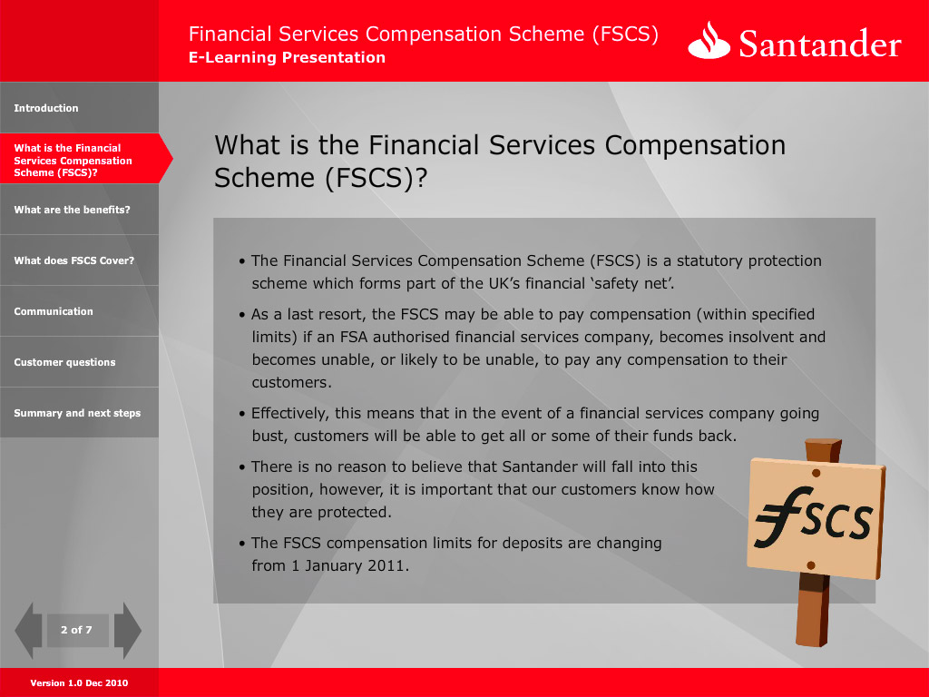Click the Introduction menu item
pyautogui.click(x=46, y=108)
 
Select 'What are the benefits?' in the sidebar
pyautogui.click(x=72, y=210)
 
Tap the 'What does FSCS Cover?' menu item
pyautogui.click(x=74, y=260)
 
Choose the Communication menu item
pyautogui.click(x=54, y=311)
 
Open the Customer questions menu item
pyautogui.click(x=64, y=362)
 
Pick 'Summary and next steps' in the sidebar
pyautogui.click(x=77, y=413)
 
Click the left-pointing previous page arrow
pyautogui.click(x=28, y=631)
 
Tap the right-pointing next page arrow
pyautogui.click(x=127, y=631)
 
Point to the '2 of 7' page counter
pyautogui.click(x=76, y=630)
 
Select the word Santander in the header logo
pyautogui.click(x=820, y=44)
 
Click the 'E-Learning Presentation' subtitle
pyautogui.click(x=287, y=57)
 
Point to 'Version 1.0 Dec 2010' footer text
pyautogui.click(x=79, y=682)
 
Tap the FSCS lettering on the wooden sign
pyautogui.click(x=814, y=517)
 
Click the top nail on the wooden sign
pyautogui.click(x=816, y=473)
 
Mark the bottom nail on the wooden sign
pyautogui.click(x=811, y=565)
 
